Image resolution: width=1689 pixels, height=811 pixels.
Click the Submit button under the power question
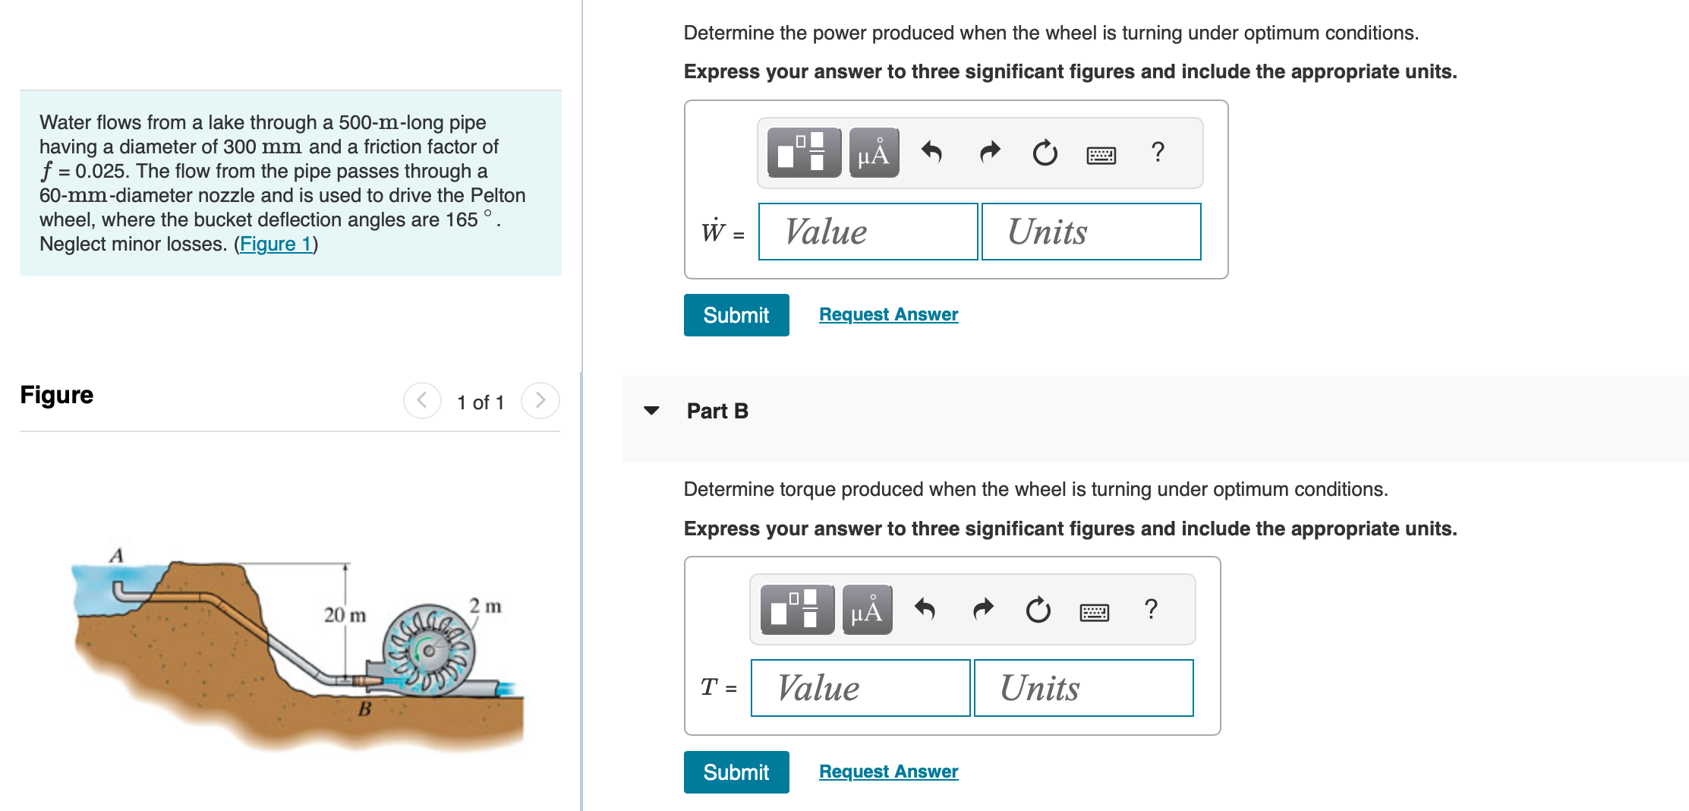pos(736,315)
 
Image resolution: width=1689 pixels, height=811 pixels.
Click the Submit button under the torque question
pos(736,772)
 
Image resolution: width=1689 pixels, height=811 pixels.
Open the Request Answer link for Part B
pos(888,772)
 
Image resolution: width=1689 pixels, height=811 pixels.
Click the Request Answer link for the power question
pos(888,314)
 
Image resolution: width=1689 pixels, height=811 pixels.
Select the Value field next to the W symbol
pos(868,232)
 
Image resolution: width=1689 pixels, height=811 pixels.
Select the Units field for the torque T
pos(1083,688)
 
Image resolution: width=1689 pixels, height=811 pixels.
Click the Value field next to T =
pos(860,688)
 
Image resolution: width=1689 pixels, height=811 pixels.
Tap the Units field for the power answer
pos(1091,232)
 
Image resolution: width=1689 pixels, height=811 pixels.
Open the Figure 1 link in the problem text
pos(276,244)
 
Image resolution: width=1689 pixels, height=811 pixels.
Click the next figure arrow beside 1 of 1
pos(540,400)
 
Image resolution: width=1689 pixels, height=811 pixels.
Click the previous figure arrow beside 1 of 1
pos(422,400)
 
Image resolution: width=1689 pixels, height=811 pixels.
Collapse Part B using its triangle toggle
pos(651,411)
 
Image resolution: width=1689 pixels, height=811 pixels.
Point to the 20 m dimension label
pos(345,615)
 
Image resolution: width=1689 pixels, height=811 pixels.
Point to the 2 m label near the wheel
pos(485,606)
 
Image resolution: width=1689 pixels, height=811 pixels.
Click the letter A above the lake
pos(116,555)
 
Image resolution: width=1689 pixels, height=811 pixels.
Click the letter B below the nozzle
pos(364,709)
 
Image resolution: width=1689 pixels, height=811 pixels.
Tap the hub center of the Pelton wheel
pos(429,651)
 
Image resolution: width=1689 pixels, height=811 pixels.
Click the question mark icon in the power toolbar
pos(1158,153)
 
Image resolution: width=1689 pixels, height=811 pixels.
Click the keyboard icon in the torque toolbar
pos(1094,611)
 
